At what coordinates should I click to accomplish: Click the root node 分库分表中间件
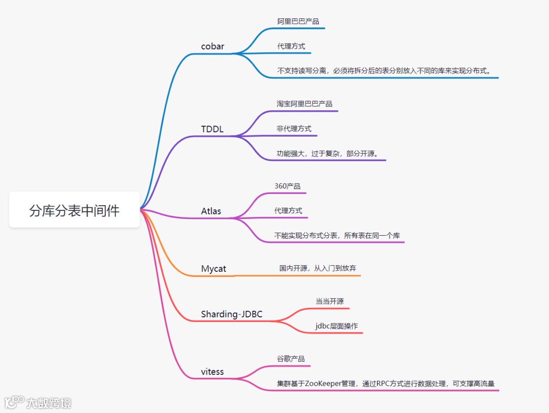(74, 210)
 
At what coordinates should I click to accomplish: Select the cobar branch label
(212, 46)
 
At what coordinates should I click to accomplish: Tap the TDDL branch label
(212, 129)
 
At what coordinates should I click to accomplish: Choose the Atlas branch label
(211, 211)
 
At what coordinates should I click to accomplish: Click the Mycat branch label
(213, 269)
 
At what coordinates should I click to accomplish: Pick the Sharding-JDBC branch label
(231, 314)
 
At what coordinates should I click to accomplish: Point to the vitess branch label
(212, 371)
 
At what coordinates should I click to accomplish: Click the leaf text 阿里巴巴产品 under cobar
(298, 21)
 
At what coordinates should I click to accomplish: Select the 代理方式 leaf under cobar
(291, 46)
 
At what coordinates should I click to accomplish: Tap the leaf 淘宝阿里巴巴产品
(304, 104)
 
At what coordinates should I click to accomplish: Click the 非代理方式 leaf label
(294, 129)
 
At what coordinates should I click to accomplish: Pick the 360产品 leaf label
(287, 186)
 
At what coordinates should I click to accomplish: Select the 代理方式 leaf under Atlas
(288, 210)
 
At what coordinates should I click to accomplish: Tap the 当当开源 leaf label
(329, 301)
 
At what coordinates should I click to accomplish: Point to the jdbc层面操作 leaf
(336, 326)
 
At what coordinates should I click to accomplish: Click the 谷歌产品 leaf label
(291, 358)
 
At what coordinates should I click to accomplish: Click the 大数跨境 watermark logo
(38, 403)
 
